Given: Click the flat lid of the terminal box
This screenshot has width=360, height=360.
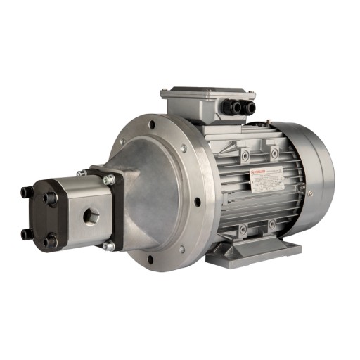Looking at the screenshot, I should pyautogui.click(x=207, y=93).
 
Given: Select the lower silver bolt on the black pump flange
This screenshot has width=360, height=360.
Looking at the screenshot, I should pyautogui.click(x=108, y=245).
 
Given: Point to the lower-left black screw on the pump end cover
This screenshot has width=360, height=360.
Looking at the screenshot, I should pyautogui.click(x=26, y=233).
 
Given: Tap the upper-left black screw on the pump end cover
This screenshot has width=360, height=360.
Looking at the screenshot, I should pyautogui.click(x=25, y=191).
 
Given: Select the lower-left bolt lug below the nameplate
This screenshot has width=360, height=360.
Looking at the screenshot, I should pyautogui.click(x=243, y=227).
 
